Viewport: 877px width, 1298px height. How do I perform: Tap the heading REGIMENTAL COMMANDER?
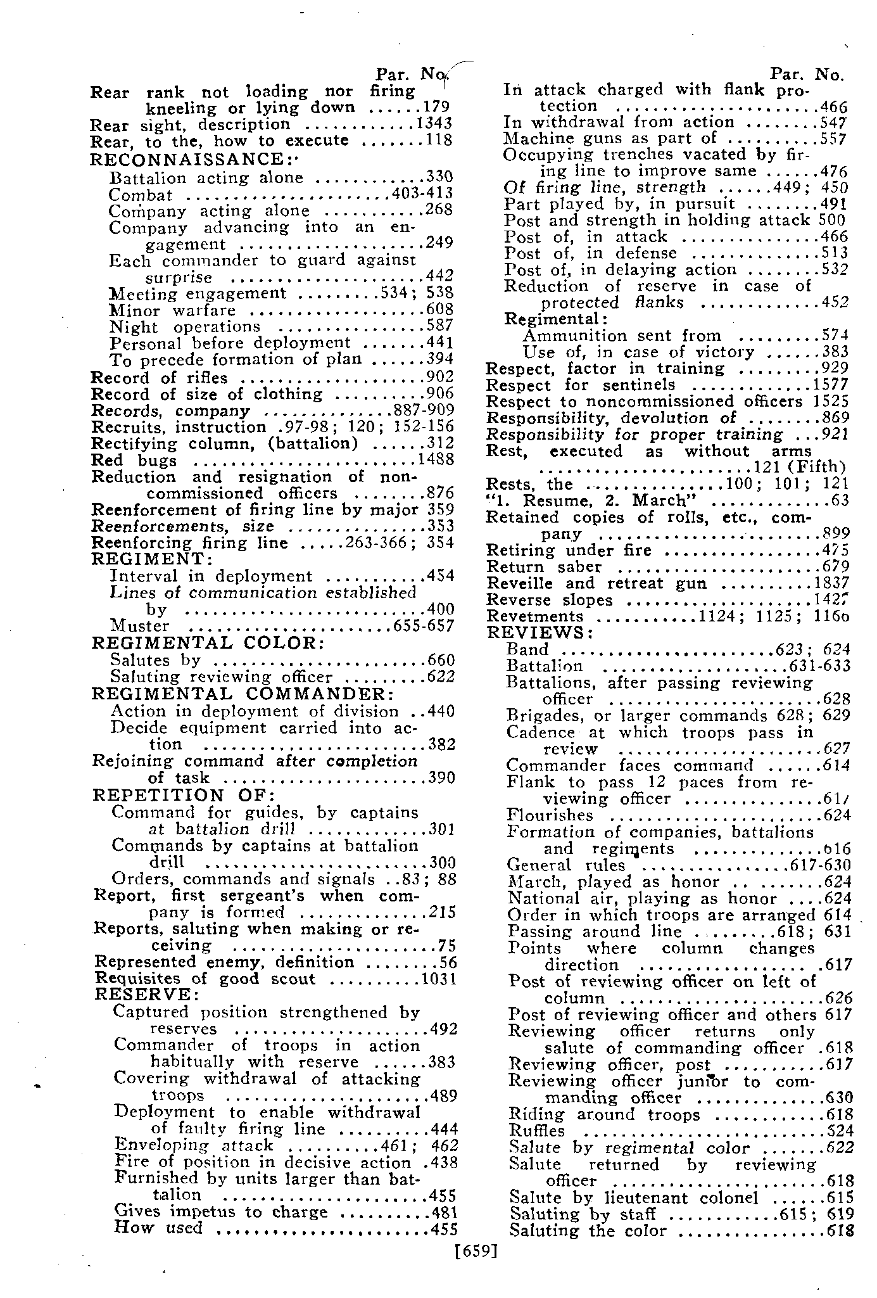point(243,694)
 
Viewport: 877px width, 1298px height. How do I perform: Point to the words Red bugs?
point(134,461)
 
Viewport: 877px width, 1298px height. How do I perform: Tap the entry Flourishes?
point(550,815)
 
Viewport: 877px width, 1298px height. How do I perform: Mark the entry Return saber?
point(543,566)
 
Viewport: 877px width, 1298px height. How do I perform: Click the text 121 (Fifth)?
point(800,468)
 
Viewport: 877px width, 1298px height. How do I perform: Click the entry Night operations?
point(185,327)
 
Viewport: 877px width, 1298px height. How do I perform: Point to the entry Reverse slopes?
point(549,600)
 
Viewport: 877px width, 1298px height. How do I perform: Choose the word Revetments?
point(534,616)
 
